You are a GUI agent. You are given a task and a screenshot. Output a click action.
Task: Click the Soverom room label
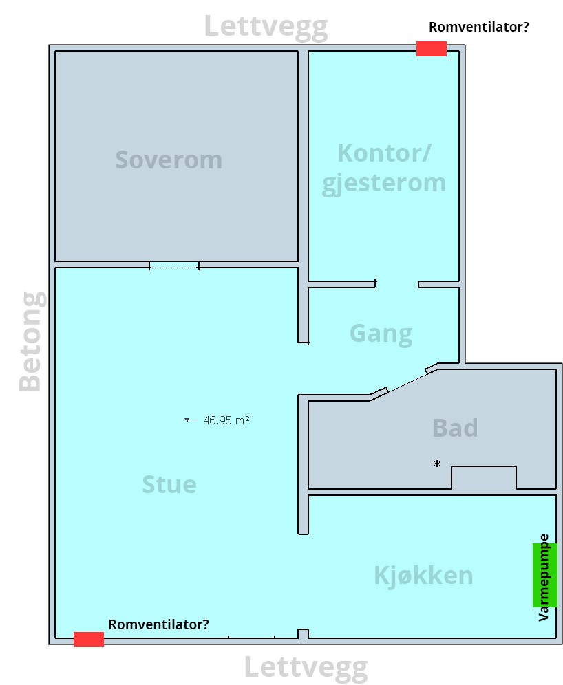(169, 160)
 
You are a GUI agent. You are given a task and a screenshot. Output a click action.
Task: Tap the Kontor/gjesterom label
(384, 168)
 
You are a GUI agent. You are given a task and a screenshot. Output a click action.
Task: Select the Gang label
(381, 334)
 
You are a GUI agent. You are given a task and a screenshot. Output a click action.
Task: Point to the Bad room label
(455, 428)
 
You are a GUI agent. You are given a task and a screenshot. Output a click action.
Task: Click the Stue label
(169, 484)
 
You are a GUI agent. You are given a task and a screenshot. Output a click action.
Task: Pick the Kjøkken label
(423, 576)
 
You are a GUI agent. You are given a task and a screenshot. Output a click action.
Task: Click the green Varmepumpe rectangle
(544, 575)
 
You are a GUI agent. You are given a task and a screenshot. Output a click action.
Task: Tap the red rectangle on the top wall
(432, 49)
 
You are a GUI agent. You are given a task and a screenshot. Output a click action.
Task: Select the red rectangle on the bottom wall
(89, 639)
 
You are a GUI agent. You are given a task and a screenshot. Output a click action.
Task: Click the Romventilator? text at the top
(478, 27)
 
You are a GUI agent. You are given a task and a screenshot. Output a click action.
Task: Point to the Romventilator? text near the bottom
(159, 624)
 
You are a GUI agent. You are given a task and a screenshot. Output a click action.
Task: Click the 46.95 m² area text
(226, 420)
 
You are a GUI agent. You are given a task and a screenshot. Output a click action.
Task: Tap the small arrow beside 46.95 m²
(191, 420)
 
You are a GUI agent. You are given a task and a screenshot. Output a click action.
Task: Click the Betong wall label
(30, 341)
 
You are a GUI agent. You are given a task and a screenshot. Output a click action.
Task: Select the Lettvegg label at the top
(266, 27)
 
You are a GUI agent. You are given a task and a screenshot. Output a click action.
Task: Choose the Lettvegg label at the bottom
(306, 668)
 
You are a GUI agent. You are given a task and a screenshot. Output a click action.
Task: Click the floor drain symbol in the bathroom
(436, 464)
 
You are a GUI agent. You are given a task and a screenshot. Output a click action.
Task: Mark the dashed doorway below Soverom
(174, 265)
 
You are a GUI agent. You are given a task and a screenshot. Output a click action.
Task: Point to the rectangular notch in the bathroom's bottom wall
(484, 477)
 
